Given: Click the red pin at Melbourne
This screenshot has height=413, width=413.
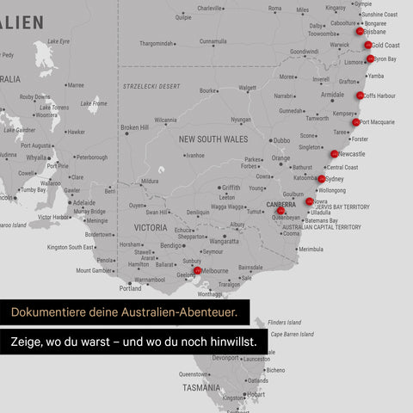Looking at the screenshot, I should (x=197, y=270).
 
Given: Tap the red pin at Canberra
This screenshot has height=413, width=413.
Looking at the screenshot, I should (x=280, y=210).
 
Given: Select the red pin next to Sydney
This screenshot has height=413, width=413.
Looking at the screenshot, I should (x=321, y=179).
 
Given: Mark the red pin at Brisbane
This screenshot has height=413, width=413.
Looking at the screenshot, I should (x=359, y=31).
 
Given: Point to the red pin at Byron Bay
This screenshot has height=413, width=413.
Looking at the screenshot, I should (x=370, y=59).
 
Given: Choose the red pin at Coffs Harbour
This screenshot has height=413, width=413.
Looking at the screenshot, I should (x=360, y=96).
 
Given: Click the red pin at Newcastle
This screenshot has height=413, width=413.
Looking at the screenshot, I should (x=334, y=154).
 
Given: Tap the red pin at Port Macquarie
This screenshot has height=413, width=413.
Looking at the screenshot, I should (x=355, y=122).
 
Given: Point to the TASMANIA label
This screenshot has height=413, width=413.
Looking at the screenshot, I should (x=201, y=388).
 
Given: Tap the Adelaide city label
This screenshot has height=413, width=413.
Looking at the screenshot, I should (x=84, y=203).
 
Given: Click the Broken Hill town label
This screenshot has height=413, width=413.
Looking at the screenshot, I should (x=134, y=127).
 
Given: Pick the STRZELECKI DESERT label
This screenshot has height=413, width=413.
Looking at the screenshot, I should (x=151, y=86).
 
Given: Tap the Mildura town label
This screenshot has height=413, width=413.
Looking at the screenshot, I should (x=151, y=182).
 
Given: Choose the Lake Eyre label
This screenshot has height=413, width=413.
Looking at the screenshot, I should (x=59, y=41).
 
